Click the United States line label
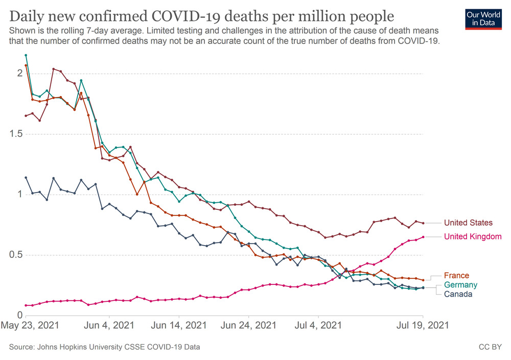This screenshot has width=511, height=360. click(x=468, y=223)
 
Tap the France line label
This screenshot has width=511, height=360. click(x=456, y=276)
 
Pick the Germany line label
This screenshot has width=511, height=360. click(x=460, y=285)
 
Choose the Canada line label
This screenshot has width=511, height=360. click(x=458, y=294)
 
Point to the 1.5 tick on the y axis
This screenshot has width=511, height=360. click(x=15, y=134)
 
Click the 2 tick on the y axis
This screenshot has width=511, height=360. click(x=19, y=73)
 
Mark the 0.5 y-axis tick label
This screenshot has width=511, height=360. click(x=15, y=255)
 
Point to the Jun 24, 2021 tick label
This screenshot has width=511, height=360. click(x=248, y=325)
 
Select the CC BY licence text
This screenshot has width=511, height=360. click(x=490, y=347)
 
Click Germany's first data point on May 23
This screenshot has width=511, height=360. click(x=26, y=55)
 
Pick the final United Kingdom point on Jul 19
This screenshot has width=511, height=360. click(x=423, y=237)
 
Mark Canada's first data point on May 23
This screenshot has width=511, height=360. click(x=26, y=178)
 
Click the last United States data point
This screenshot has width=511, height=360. click(x=423, y=223)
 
